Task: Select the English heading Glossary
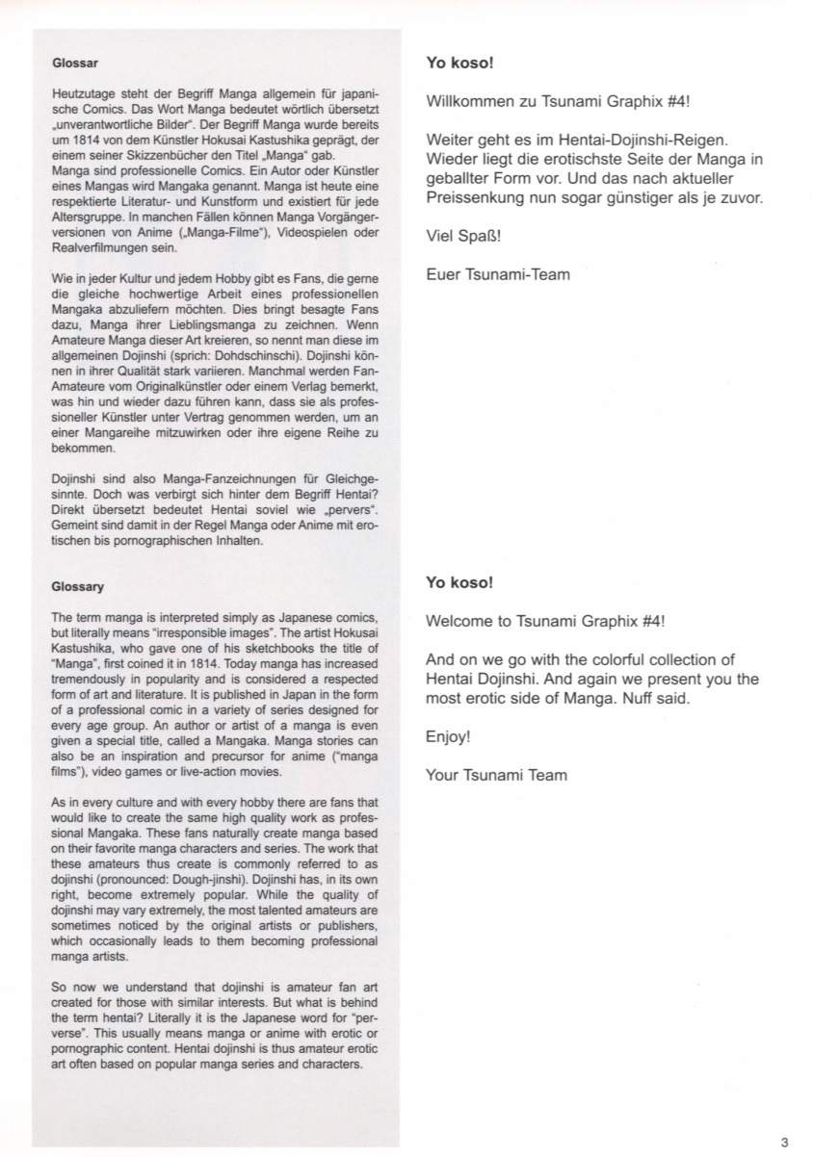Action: (77, 585)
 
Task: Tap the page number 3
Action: (784, 1143)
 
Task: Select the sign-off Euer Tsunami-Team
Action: (497, 274)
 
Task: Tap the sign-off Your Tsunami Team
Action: (496, 774)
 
